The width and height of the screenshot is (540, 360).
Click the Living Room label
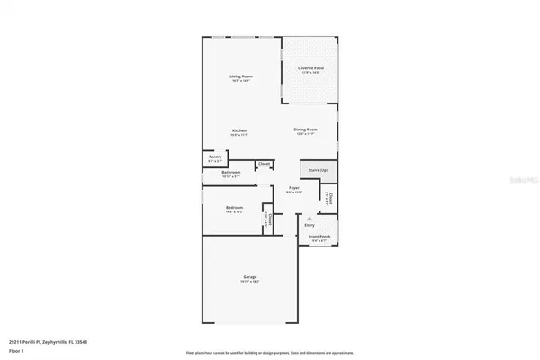coord(240,77)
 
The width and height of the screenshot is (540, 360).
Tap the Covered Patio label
coord(310,68)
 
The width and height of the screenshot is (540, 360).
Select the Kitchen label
coord(239,131)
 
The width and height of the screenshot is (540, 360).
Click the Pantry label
coord(215,157)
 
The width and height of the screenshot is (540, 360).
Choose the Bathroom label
coord(231,172)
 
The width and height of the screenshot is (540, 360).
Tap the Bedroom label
coord(236,209)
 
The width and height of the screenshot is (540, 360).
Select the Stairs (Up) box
coord(317,170)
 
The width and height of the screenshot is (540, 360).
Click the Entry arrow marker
coord(309,219)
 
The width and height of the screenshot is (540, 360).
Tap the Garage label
coord(249,277)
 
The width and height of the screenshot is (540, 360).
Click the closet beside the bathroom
coord(264,165)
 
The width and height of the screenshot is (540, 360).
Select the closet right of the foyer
coord(329,199)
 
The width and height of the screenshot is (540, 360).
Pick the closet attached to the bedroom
coord(266,219)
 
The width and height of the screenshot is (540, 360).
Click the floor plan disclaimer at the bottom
coord(269,352)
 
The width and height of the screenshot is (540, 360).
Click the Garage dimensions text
coord(249,282)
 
